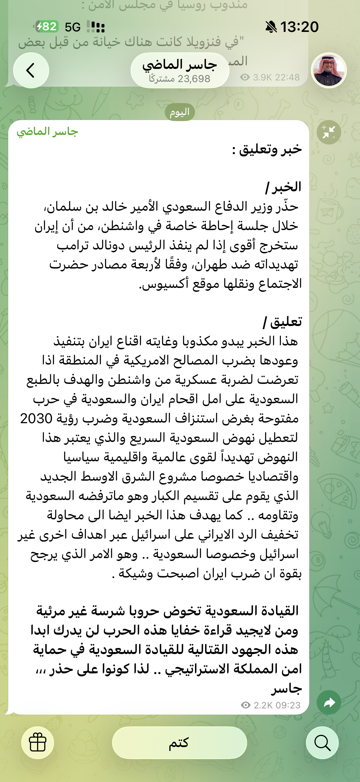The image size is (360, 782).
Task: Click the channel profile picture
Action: (329, 70)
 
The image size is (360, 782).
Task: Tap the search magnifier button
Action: (322, 742)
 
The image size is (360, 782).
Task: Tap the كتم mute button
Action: (179, 742)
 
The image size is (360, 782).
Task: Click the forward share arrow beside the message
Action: (329, 702)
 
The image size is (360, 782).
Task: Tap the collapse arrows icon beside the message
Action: (329, 132)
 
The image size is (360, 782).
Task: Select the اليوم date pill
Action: (180, 112)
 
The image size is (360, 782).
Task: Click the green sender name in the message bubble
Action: (47, 132)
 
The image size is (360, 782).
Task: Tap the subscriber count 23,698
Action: (194, 79)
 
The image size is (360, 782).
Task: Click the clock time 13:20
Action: (299, 27)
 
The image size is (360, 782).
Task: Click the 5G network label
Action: (73, 27)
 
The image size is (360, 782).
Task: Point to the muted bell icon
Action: (271, 27)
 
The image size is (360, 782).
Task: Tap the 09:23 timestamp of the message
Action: (288, 705)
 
